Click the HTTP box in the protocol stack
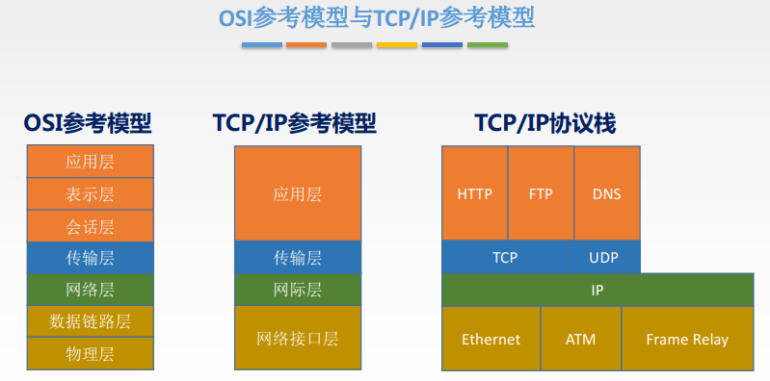[474, 193]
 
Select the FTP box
[541, 193]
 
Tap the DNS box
[607, 193]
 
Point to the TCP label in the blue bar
[505, 257]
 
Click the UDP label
[604, 257]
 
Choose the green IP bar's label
[597, 289]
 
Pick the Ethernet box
[491, 339]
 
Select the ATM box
[581, 339]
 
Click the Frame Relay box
[687, 339]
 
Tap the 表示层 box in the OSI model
[90, 193]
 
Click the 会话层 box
[90, 226]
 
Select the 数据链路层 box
[90, 320]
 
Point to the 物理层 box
[90, 353]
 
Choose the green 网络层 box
[90, 289]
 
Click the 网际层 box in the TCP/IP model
[298, 289]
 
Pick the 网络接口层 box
[298, 338]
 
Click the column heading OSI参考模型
[88, 123]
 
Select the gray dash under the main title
[351, 44]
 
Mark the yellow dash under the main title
[396, 44]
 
